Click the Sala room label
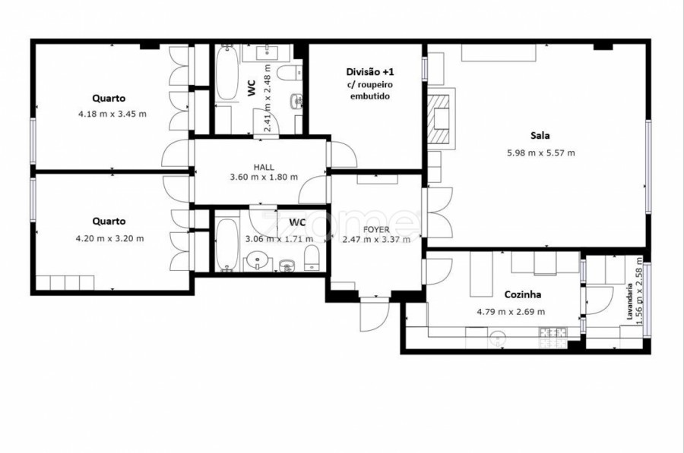pos(540,136)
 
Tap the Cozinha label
pos(523,294)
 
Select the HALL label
pos(264,167)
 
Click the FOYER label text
pos(376,230)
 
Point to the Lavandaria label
pos(629,302)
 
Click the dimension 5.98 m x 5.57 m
pos(541,153)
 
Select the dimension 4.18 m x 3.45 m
pos(112,114)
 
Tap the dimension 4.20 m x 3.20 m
pos(110,239)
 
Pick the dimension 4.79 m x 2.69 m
pos(511,312)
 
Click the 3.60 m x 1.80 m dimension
pos(264,178)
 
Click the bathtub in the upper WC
pos(226,72)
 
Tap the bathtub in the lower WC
pos(226,244)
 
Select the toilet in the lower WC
pos(312,257)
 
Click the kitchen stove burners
pos(553,337)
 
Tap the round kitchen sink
pos(497,338)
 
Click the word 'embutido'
pos(370,96)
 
